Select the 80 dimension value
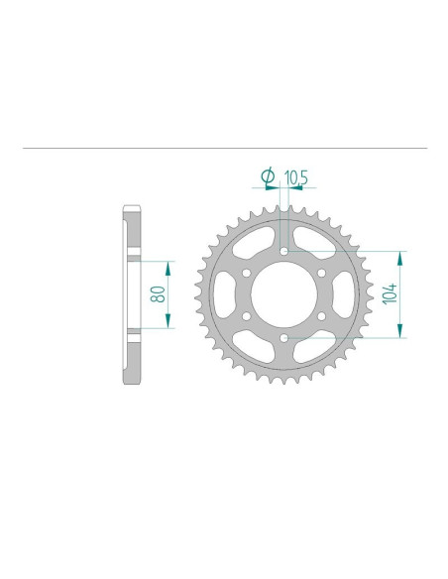point(158,294)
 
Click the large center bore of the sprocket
point(284,295)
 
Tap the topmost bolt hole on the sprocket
point(284,251)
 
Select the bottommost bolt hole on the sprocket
point(284,340)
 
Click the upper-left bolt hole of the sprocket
point(246,274)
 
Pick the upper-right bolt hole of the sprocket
point(323,274)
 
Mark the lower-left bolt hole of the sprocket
point(246,317)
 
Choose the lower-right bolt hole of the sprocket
point(323,317)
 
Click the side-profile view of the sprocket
point(133,295)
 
